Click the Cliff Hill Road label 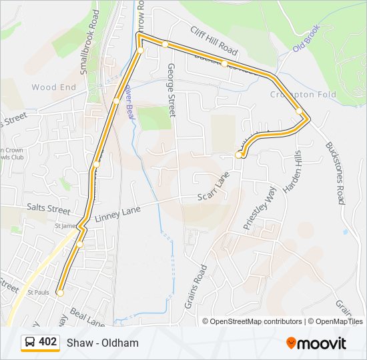[x=214, y=41]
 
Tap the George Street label [x=171, y=91]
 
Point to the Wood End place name [x=53, y=87]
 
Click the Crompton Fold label [x=302, y=95]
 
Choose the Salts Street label [x=48, y=209]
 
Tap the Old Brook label [x=307, y=39]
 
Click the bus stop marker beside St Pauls [x=60, y=293]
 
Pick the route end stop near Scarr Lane [x=239, y=155]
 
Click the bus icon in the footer [x=30, y=343]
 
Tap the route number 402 [x=48, y=342]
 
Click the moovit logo [x=316, y=343]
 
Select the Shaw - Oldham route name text [x=103, y=343]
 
